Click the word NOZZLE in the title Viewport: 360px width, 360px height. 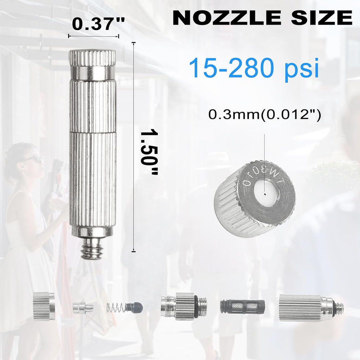pyautogui.click(x=227, y=18)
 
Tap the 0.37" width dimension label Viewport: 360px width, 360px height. pyautogui.click(x=98, y=23)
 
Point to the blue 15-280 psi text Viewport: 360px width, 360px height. pyautogui.click(x=254, y=68)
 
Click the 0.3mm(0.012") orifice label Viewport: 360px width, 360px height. pyautogui.click(x=264, y=114)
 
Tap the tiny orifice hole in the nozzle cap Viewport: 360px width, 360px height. pyautogui.click(x=265, y=194)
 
